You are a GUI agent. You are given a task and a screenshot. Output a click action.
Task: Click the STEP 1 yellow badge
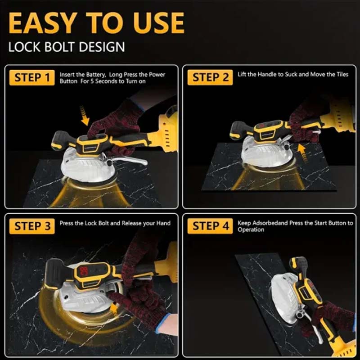[x=32, y=77]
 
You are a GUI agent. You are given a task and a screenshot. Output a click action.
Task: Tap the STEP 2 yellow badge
[x=210, y=77]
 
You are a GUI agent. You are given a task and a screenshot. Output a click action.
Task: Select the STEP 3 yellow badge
[x=32, y=226]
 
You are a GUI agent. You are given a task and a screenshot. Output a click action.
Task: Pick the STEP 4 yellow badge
[x=210, y=226]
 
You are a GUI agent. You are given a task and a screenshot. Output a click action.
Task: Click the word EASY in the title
[x=43, y=23]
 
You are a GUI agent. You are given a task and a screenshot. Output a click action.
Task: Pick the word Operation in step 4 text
[x=251, y=229]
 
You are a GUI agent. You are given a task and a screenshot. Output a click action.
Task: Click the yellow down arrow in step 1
[x=85, y=116]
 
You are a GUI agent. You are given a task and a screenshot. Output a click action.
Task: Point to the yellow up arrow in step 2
[x=302, y=152]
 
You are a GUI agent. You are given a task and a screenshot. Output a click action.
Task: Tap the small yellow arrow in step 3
[x=114, y=308]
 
